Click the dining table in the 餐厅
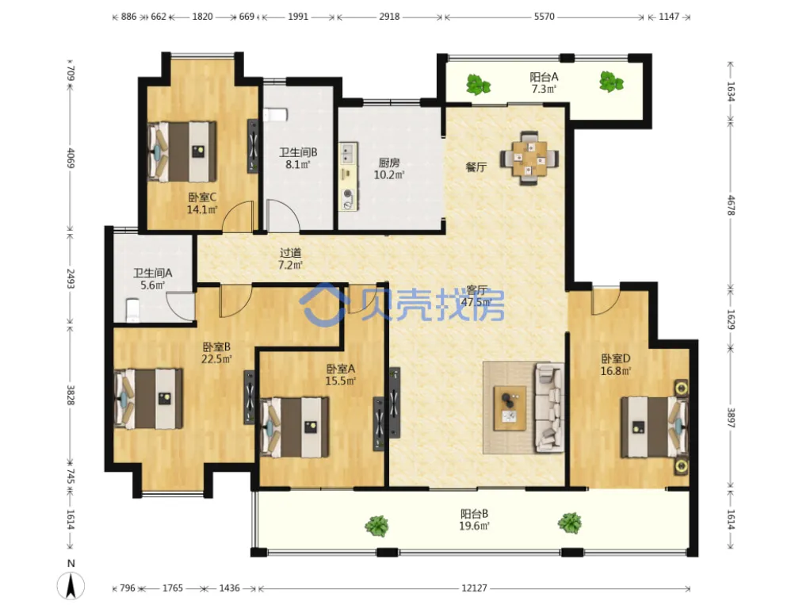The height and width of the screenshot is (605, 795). (x=529, y=159)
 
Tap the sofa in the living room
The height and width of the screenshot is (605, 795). (x=549, y=408)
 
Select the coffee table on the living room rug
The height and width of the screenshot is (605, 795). (x=510, y=408)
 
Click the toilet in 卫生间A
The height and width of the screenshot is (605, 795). (x=132, y=310)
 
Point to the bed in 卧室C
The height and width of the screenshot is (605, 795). (x=182, y=151)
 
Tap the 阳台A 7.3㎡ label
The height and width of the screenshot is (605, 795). (x=544, y=82)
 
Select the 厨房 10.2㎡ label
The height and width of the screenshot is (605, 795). (x=389, y=169)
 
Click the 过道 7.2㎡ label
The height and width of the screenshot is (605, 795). (x=291, y=258)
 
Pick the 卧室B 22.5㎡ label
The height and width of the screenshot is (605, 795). (x=217, y=353)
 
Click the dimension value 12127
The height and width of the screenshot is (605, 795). (x=474, y=588)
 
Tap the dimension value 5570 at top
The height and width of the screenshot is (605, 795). (x=544, y=16)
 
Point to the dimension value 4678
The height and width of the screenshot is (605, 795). (x=731, y=205)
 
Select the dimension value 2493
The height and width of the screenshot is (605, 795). (x=71, y=278)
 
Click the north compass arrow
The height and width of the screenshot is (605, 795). (x=71, y=586)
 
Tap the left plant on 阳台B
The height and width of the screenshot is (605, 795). (x=376, y=526)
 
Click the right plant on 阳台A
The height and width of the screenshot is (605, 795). (x=611, y=82)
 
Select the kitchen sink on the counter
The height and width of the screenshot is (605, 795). (x=348, y=152)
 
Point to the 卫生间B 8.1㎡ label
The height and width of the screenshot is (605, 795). (x=298, y=158)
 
